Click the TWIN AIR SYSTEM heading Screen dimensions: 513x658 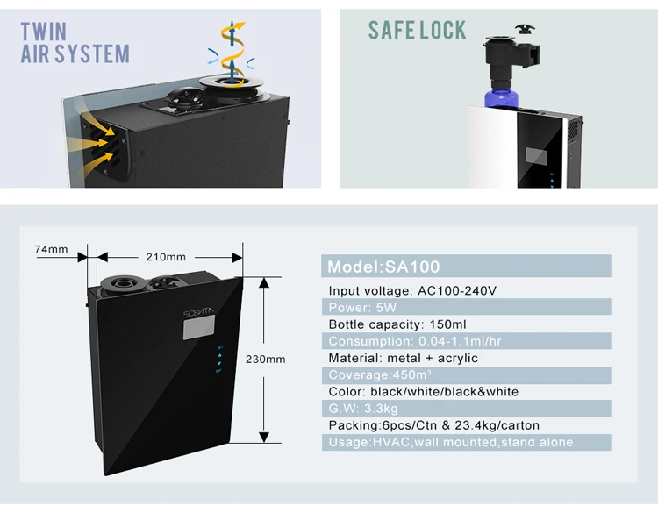tap(75, 43)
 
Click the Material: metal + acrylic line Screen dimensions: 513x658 tap(403, 358)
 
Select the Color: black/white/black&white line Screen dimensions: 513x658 tap(423, 391)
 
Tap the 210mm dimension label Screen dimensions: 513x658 tap(165, 257)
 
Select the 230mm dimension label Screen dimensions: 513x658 tap(265, 360)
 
